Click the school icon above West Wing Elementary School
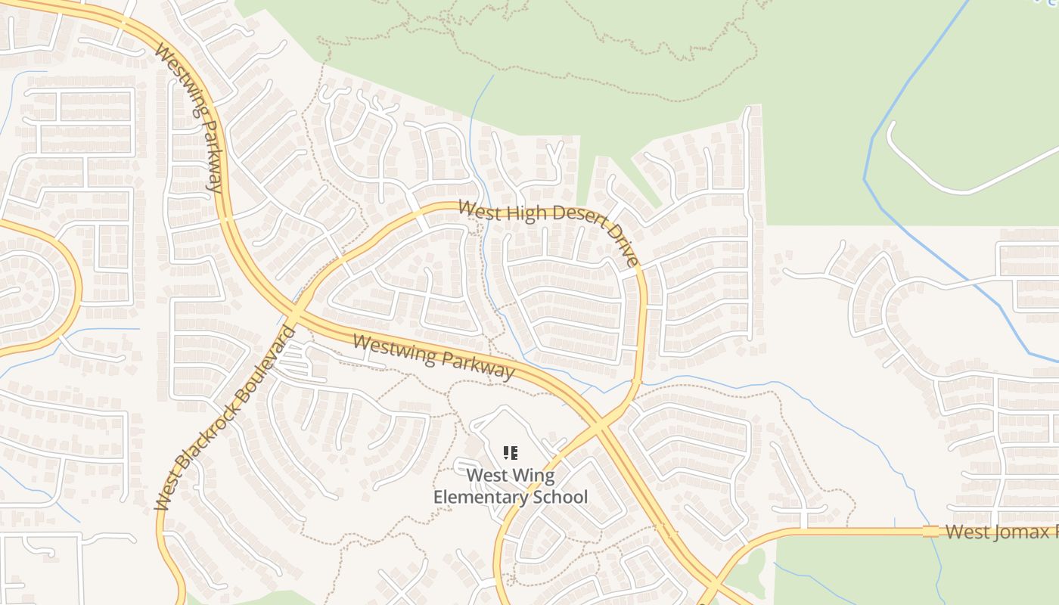510,453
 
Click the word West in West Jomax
967,532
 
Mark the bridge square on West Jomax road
930,532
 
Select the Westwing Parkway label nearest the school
433,357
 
